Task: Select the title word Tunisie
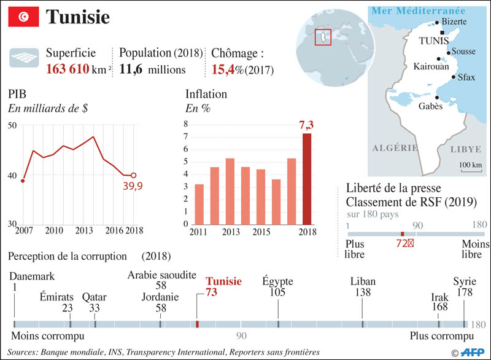click(x=79, y=17)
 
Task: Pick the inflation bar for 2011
click(x=199, y=204)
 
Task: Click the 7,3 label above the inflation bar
click(x=306, y=126)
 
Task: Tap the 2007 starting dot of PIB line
click(x=23, y=181)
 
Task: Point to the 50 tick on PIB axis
click(x=12, y=125)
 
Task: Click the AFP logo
click(x=471, y=353)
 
